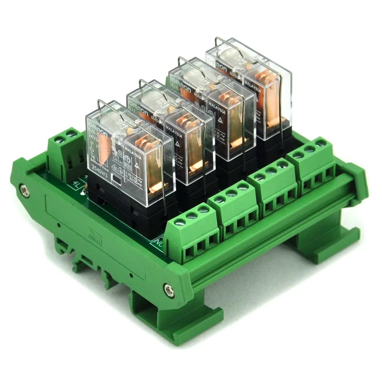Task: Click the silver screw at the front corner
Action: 168,288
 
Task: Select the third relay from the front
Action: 210,105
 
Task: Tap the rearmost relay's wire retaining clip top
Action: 224,40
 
